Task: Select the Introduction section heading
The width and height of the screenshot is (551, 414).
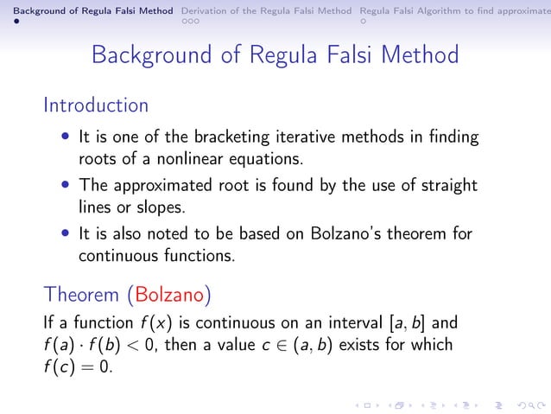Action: pos(96,105)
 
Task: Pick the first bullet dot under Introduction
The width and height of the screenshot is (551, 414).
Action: pos(66,138)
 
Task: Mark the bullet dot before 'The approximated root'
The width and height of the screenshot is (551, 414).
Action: pos(66,186)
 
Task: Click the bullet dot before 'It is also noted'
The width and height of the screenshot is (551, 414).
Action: pos(66,234)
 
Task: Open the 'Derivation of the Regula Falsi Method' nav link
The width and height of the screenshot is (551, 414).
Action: pos(266,10)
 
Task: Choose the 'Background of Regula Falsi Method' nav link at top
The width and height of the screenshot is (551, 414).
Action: pos(86,10)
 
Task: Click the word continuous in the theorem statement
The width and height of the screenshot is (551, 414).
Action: pos(228,325)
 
